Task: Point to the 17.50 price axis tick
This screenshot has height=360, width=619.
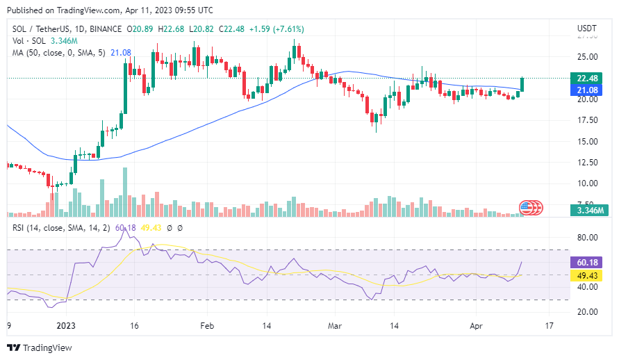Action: pyautogui.click(x=587, y=120)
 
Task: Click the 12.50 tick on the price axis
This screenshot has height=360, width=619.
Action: pyautogui.click(x=587, y=163)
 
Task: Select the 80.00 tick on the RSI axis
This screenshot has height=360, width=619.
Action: pyautogui.click(x=587, y=238)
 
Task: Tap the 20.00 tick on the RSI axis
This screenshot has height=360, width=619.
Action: pyautogui.click(x=587, y=312)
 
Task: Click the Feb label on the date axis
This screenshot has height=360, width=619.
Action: pyautogui.click(x=206, y=325)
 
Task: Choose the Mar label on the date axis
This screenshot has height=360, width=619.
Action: pyautogui.click(x=336, y=325)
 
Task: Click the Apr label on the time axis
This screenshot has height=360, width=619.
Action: pyautogui.click(x=475, y=325)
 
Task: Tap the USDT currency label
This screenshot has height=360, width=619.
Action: pyautogui.click(x=587, y=28)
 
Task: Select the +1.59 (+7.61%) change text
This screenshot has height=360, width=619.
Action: pyautogui.click(x=276, y=29)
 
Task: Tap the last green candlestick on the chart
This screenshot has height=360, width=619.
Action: pyautogui.click(x=522, y=83)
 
